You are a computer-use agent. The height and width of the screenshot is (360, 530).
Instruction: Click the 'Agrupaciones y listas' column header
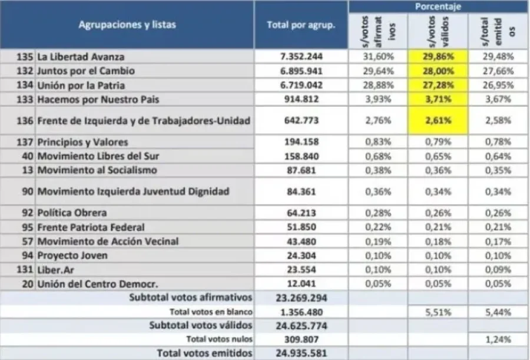click(127, 25)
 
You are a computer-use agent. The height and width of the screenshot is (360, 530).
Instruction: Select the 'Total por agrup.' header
click(301, 25)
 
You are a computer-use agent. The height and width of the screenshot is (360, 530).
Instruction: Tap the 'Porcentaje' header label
click(438, 6)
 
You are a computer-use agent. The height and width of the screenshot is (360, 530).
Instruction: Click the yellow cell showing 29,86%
click(438, 57)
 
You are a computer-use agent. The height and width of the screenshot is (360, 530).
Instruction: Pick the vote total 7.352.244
click(301, 57)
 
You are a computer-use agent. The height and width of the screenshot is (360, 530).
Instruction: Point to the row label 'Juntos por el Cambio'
click(86, 71)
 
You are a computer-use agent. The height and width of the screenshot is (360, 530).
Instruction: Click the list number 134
click(25, 85)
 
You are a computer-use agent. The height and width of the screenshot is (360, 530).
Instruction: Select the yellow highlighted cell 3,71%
click(438, 99)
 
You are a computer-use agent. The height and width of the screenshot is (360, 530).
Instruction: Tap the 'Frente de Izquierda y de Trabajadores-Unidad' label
click(144, 120)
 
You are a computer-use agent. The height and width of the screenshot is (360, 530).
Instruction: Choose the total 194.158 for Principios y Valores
click(301, 142)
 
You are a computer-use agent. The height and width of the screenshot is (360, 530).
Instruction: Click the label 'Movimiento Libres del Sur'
click(98, 156)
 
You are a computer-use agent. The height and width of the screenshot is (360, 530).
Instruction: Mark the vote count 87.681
click(301, 170)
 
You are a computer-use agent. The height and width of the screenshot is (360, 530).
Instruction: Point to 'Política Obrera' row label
click(72, 213)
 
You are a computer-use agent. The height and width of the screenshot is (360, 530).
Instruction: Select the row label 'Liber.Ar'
click(55, 270)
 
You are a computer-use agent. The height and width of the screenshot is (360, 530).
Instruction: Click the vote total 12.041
click(301, 284)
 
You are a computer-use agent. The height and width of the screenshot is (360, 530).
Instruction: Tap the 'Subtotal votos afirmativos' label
click(191, 298)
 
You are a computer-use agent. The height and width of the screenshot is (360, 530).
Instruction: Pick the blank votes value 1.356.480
click(301, 312)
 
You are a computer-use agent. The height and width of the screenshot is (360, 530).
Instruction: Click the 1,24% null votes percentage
click(498, 339)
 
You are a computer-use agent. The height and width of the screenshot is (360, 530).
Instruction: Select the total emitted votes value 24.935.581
click(301, 354)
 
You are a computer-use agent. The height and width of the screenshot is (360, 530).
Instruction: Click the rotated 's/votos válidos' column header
click(438, 31)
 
